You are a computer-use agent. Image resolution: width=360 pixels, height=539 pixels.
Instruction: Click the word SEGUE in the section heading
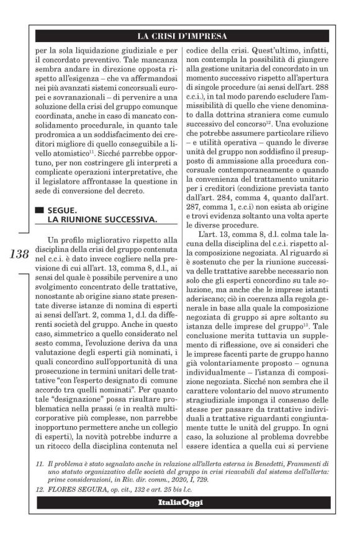(60, 210)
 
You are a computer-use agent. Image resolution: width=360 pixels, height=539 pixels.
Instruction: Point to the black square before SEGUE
(40, 210)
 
